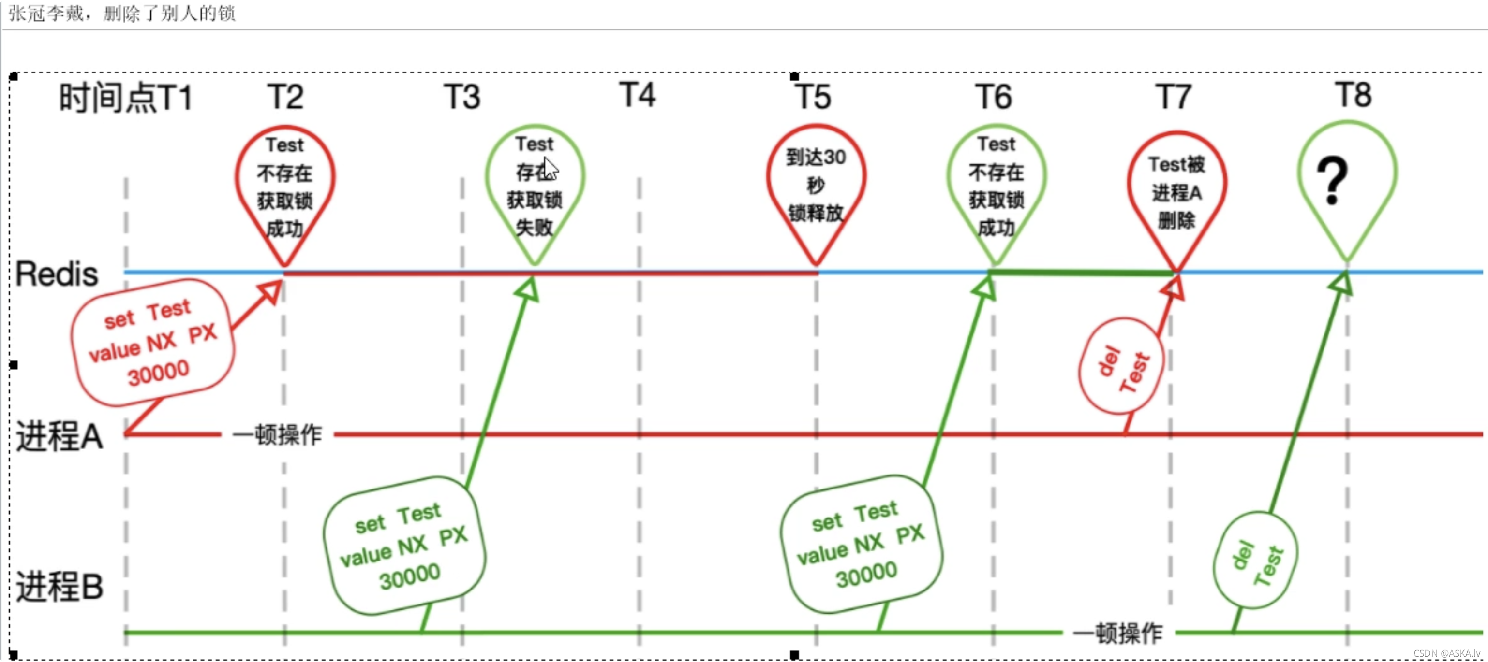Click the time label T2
pyautogui.click(x=285, y=97)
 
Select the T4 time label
pyautogui.click(x=637, y=95)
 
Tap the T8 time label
pyautogui.click(x=1353, y=95)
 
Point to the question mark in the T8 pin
pyautogui.click(x=1332, y=181)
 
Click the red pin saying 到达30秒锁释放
pyautogui.click(x=816, y=185)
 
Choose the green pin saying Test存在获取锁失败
pyautogui.click(x=535, y=185)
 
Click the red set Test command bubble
pyautogui.click(x=152, y=342)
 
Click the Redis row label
pyautogui.click(x=57, y=274)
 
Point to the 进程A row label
pyautogui.click(x=59, y=436)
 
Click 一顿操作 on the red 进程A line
pyautogui.click(x=277, y=434)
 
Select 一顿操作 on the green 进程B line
pyautogui.click(x=1118, y=633)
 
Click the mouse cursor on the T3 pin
pyautogui.click(x=551, y=169)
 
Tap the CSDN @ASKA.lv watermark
pyautogui.click(x=1446, y=653)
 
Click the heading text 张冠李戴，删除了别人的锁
pyautogui.click(x=122, y=13)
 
